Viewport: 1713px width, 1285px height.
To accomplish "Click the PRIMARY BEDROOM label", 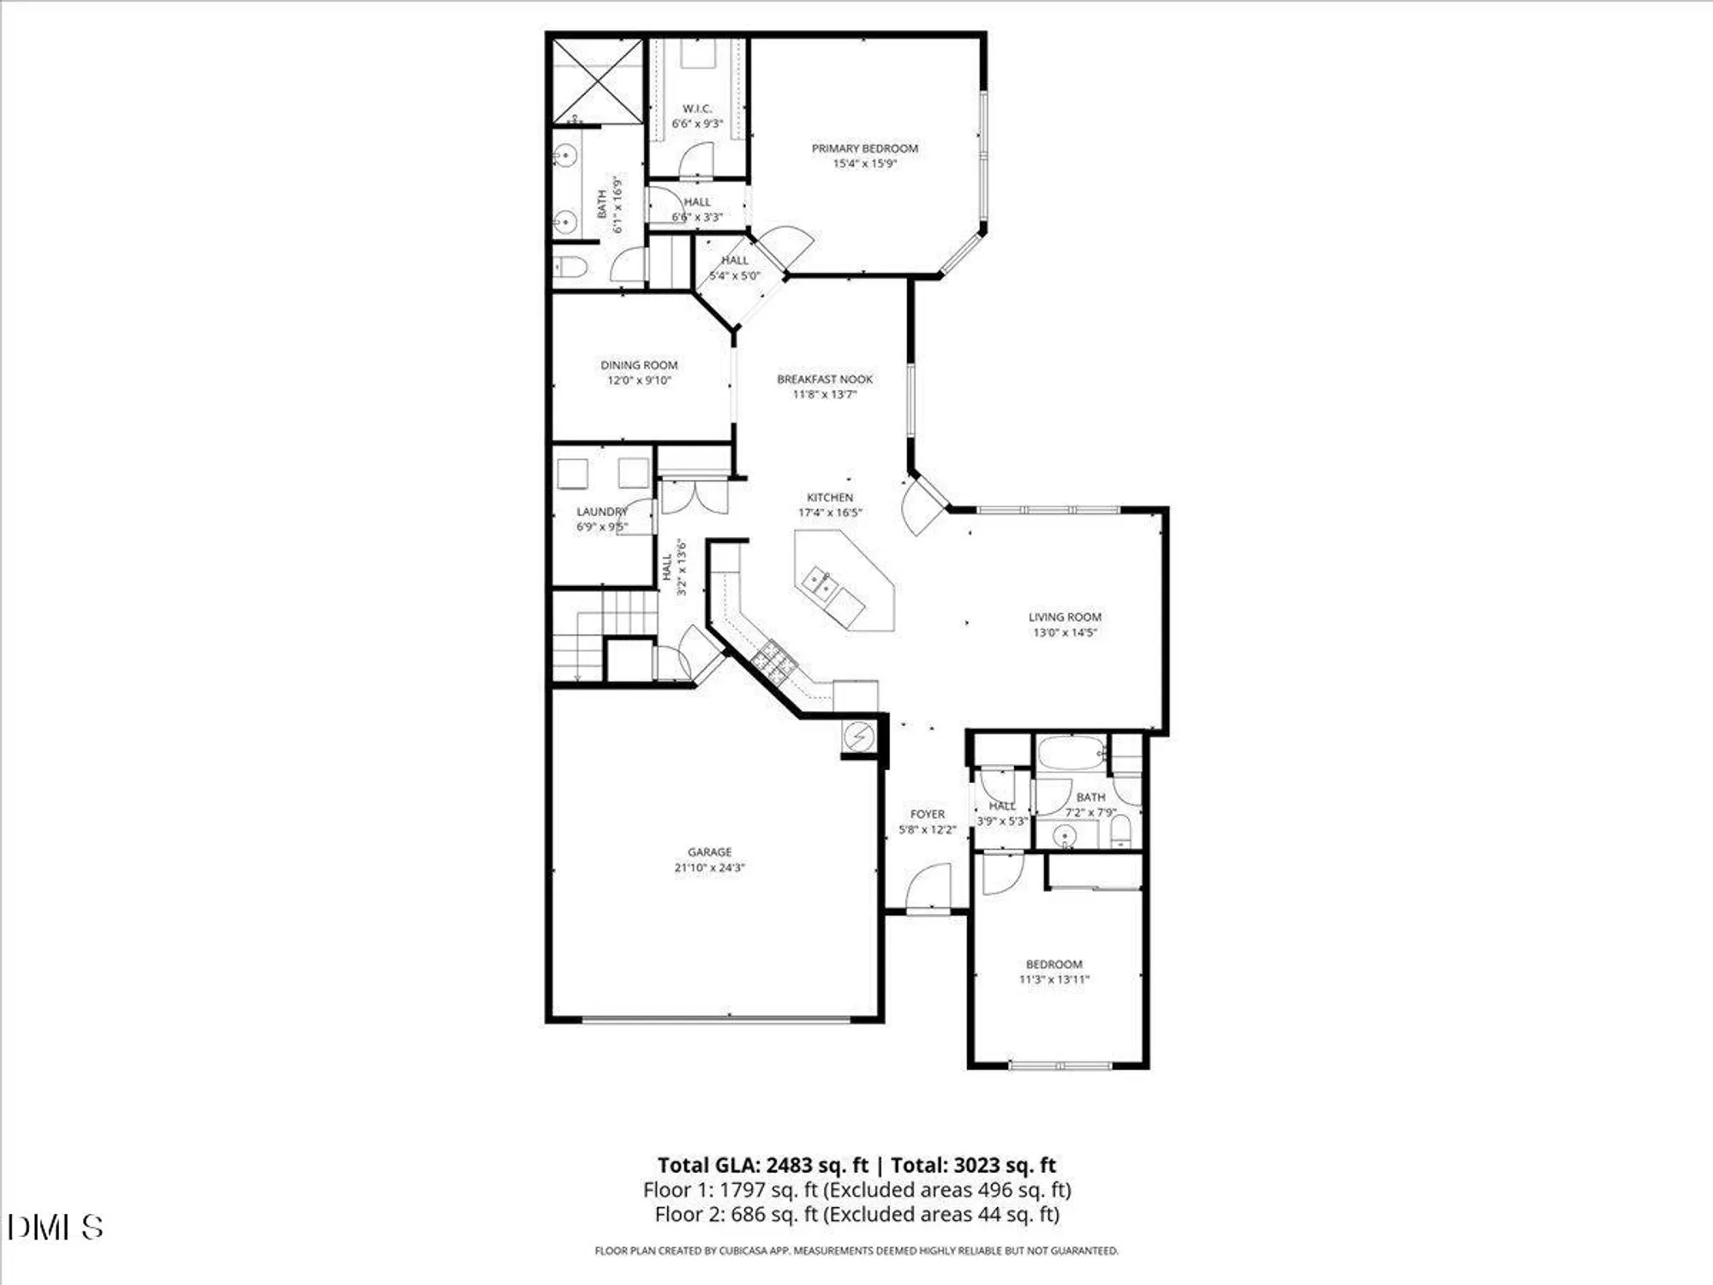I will pos(864,148).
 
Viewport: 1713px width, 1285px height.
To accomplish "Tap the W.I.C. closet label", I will pos(696,109).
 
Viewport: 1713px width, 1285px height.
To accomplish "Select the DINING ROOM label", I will pos(639,365).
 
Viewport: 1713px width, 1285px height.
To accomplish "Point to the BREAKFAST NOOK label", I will pos(825,379).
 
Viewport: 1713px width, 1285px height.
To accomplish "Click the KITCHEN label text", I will pos(830,497).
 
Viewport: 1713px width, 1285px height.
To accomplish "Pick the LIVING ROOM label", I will pos(1065,617).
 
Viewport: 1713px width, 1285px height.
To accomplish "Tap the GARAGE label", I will pos(709,852).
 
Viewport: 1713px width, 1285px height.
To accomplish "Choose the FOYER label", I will pos(928,814).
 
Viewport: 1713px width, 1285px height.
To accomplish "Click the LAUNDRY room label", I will pos(601,511).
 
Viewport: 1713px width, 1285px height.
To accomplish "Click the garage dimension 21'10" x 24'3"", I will pos(709,867).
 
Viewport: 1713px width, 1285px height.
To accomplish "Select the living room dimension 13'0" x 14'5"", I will pos(1065,632).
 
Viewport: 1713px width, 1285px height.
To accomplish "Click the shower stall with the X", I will pos(597,81).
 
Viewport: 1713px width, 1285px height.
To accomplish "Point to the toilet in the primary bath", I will pos(570,267).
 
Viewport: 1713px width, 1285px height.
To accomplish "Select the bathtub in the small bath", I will pos(1071,754).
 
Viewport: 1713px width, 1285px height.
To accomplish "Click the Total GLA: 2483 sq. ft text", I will pos(763,1165).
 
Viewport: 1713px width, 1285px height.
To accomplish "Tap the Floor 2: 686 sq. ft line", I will pos(856,1214).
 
